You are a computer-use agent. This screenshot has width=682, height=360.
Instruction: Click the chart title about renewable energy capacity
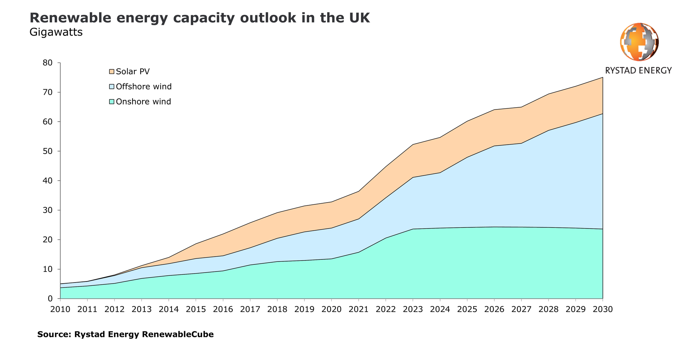pyautogui.click(x=200, y=18)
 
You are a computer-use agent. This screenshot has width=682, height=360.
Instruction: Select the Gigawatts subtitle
pyautogui.click(x=56, y=32)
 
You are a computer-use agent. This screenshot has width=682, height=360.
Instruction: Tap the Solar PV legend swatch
pyautogui.click(x=112, y=71)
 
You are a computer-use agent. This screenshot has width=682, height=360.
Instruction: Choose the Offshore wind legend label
pyautogui.click(x=144, y=86)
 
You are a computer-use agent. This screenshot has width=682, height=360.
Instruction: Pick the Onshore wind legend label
pyautogui.click(x=144, y=102)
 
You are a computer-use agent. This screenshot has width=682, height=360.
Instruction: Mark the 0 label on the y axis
pyautogui.click(x=50, y=299)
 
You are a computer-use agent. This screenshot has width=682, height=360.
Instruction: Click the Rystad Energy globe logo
pyautogui.click(x=639, y=42)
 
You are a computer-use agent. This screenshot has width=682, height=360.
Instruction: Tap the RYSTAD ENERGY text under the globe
pyautogui.click(x=638, y=70)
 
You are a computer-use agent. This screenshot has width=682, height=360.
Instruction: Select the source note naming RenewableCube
pyautogui.click(x=125, y=334)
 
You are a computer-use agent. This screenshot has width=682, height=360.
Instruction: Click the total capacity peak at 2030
pyautogui.click(x=603, y=77)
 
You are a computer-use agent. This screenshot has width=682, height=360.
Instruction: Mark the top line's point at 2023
pyautogui.click(x=413, y=145)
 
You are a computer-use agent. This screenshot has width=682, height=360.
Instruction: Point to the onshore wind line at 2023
pyautogui.click(x=413, y=229)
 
